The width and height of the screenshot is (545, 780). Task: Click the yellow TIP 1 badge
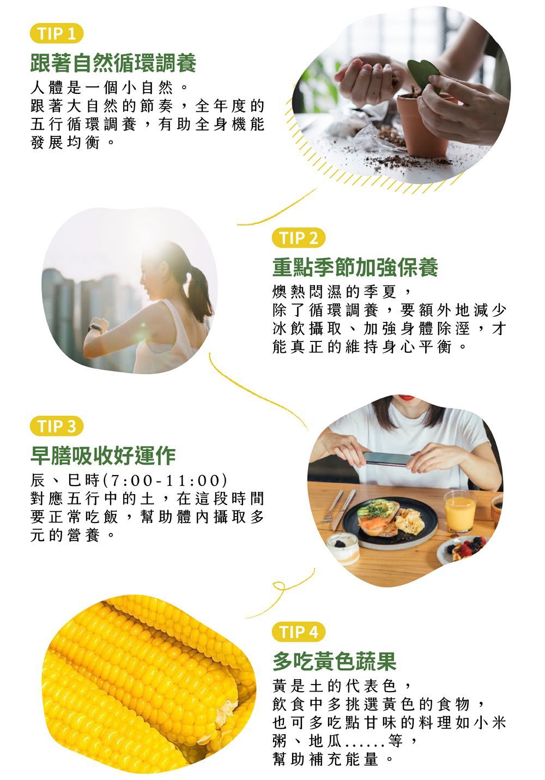click(x=57, y=33)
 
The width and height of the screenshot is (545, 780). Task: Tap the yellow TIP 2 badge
click(x=299, y=238)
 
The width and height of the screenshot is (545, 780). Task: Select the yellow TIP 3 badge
click(x=57, y=426)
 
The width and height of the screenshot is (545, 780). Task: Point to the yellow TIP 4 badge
click(x=299, y=632)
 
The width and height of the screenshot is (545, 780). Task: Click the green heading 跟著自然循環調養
click(x=113, y=63)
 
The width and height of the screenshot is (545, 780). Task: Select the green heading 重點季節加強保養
click(x=355, y=267)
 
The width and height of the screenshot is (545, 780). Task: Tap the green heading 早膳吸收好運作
click(x=103, y=455)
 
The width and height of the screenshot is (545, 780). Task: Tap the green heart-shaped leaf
click(x=423, y=74)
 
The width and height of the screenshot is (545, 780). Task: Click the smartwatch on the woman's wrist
click(x=96, y=327)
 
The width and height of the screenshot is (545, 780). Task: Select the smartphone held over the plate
click(x=389, y=458)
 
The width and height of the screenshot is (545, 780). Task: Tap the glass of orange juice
click(x=460, y=512)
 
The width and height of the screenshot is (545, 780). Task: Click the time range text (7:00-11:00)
click(x=165, y=481)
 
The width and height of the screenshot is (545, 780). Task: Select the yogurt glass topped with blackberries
click(x=343, y=548)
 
